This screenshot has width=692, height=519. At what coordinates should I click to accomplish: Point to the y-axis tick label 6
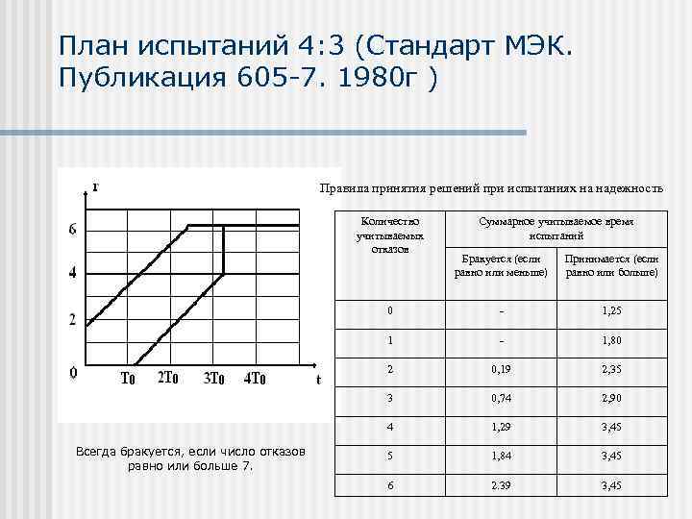pos(73,229)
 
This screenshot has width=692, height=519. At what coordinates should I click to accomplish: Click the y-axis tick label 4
pos(73,274)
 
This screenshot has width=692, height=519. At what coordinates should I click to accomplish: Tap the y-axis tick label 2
pos(73,320)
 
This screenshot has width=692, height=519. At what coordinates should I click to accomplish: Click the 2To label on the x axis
pos(167,378)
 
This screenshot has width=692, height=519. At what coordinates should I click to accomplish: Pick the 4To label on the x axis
pos(255,378)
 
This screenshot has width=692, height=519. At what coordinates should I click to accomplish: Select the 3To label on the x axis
pos(213,378)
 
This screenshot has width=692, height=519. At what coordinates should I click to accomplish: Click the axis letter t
pos(317,379)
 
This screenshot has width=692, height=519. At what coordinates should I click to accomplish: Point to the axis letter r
pos(96,185)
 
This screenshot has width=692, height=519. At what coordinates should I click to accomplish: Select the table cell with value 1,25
pos(611,311)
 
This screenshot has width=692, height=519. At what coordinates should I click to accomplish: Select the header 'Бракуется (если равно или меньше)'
pos(501,265)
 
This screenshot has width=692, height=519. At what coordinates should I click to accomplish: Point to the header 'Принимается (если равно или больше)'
pos(611,265)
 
